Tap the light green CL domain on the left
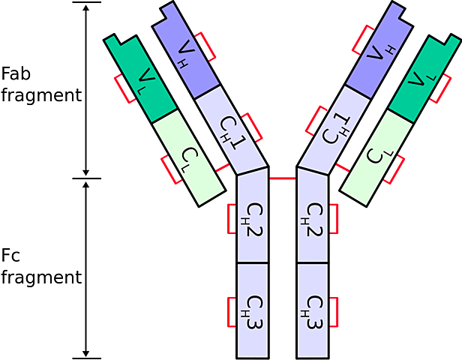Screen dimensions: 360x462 click(187, 157)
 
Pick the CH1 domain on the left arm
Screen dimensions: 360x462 click(232, 130)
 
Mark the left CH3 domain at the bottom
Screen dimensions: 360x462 click(253, 311)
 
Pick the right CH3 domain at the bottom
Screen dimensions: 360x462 click(313, 311)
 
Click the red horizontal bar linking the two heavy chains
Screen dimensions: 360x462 click(283, 178)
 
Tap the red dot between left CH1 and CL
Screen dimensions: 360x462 click(222, 166)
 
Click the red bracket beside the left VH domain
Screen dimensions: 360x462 click(209, 46)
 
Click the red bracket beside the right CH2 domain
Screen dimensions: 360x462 click(336, 219)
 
